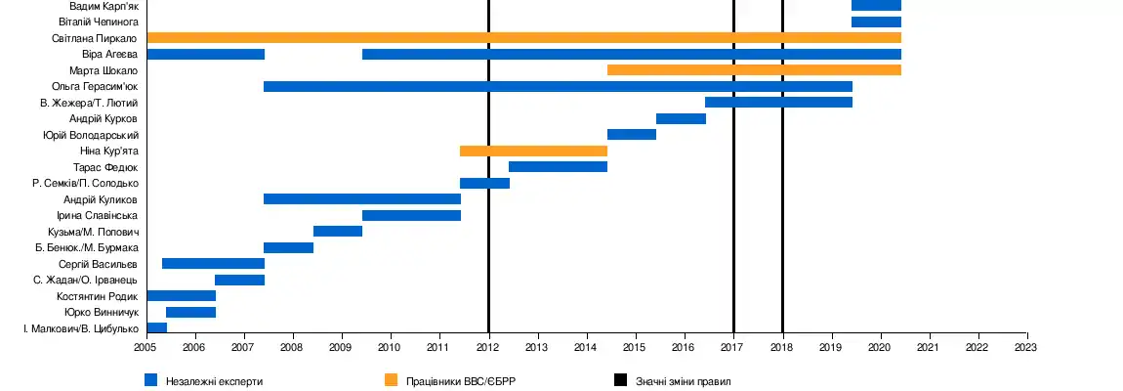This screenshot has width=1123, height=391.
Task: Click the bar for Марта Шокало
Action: tap(754, 70)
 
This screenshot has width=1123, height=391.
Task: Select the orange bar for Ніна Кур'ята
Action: tap(533, 151)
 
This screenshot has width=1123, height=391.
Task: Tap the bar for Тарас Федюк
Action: tap(558, 167)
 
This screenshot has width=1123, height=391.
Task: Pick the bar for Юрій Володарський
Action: tap(631, 135)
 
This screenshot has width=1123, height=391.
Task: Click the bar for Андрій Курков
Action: tap(681, 118)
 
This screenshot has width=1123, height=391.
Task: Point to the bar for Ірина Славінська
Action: tap(411, 215)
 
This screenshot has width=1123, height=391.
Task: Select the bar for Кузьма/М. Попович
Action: tap(338, 231)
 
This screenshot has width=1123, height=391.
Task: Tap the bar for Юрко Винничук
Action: tap(190, 312)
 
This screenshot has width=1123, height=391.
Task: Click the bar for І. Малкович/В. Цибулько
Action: tap(156, 327)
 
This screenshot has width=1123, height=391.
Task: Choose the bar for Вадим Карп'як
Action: tap(876, 6)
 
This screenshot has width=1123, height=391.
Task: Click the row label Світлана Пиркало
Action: tap(95, 38)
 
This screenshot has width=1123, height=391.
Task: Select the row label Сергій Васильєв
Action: tap(98, 264)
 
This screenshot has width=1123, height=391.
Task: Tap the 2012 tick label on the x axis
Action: tap(488, 347)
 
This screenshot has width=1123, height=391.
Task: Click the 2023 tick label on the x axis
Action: tap(1026, 347)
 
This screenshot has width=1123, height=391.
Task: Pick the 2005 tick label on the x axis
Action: tap(146, 347)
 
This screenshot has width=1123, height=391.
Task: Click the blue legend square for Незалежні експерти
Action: tap(151, 379)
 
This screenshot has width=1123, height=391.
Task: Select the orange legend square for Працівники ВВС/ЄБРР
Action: tap(392, 379)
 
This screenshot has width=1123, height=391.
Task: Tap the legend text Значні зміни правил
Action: tap(683, 380)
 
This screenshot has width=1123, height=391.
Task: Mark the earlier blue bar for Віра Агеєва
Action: tap(205, 54)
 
